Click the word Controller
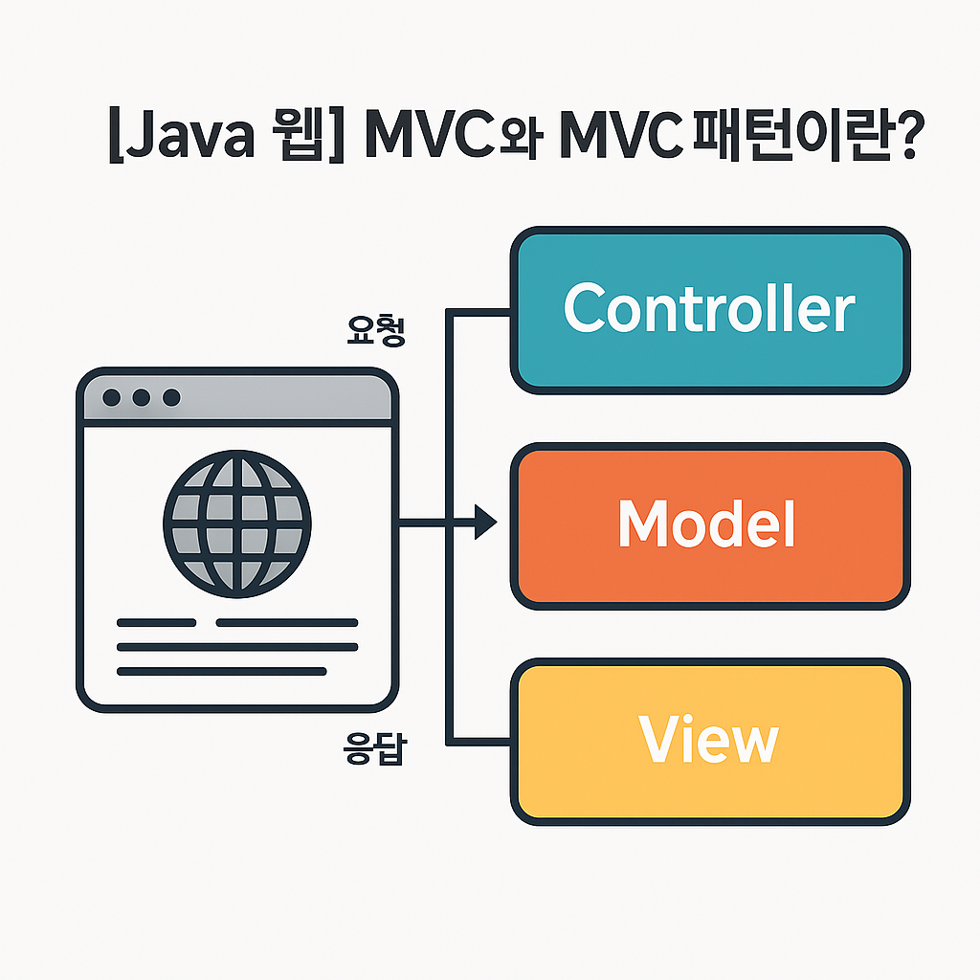coord(709,308)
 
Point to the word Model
coord(706,523)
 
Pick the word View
coord(708,740)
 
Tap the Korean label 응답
coord(373,748)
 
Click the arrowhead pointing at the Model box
coord(486,523)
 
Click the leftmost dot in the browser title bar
coord(111,397)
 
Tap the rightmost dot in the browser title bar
coord(171,397)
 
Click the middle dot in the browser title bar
coord(142,397)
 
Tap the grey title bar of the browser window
coord(287,397)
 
